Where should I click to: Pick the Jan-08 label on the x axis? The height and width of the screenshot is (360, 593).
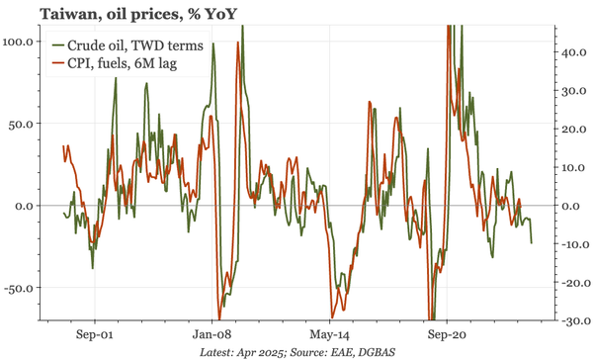[212, 334]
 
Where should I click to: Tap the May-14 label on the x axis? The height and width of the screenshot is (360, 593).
[328, 334]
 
